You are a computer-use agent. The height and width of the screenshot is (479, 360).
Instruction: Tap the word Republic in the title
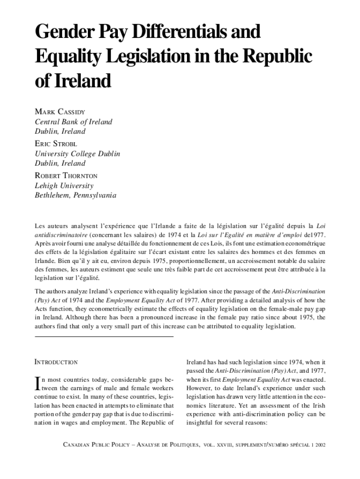279,57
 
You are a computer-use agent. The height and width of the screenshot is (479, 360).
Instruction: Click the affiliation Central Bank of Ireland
74,122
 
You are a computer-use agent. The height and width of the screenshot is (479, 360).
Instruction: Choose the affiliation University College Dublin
78,153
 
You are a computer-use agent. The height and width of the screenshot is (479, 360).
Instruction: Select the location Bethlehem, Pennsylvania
75,195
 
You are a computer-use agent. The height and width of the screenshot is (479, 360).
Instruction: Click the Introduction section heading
57,362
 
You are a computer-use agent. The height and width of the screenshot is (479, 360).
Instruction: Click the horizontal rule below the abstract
104,337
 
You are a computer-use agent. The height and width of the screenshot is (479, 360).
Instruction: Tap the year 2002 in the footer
320,443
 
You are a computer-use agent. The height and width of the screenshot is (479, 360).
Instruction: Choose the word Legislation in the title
161,57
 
